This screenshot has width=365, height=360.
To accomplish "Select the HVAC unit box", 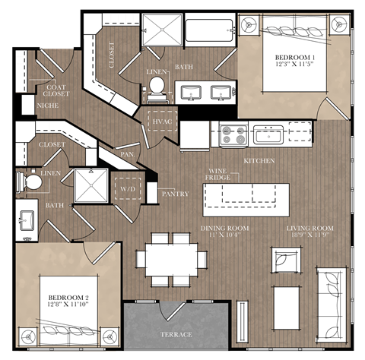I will point(160,121).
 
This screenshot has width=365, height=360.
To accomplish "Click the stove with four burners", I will point(233,135).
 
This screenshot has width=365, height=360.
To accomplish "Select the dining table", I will point(170,257).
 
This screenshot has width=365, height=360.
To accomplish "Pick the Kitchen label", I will point(259,161).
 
